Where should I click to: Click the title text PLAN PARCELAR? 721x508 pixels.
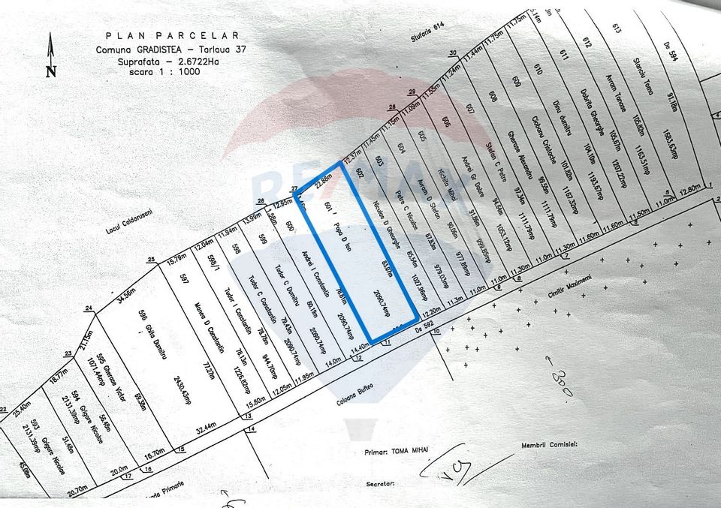click(172, 35)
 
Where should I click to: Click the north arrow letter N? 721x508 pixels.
click(51, 72)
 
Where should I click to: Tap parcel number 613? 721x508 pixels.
click(617, 29)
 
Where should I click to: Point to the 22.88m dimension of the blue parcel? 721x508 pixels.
click(324, 176)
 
